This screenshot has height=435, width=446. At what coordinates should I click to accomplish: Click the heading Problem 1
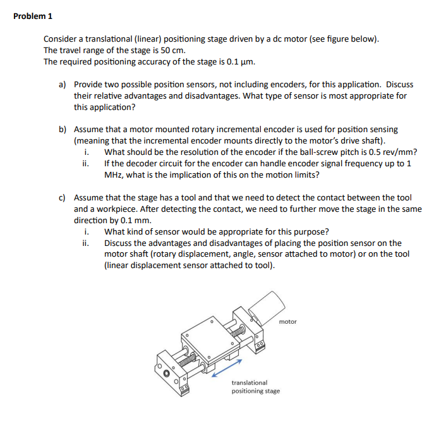click(x=33, y=16)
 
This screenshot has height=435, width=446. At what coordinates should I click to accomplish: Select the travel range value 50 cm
click(x=174, y=50)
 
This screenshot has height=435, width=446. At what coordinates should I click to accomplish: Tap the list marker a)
click(x=63, y=84)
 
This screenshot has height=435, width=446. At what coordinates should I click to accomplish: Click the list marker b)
click(x=63, y=130)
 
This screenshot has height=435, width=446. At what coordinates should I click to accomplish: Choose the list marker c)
click(x=63, y=198)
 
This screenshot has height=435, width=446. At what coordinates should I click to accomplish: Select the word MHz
click(x=114, y=175)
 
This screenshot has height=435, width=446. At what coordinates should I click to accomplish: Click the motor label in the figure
click(x=287, y=322)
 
